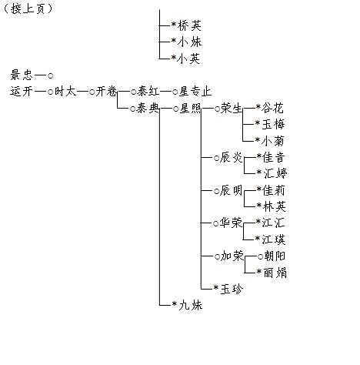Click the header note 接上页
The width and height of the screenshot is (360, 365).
tap(28, 8)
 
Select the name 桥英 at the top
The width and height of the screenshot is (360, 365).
tap(189, 25)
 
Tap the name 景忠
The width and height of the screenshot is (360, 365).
tap(22, 75)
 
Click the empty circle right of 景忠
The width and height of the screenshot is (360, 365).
tap(51, 75)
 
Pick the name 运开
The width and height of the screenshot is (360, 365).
tap(22, 91)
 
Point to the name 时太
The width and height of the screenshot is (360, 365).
tap(65, 91)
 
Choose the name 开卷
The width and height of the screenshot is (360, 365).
tap(106, 92)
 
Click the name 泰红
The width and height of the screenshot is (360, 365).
tap(148, 92)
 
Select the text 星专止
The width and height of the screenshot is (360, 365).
tap(195, 92)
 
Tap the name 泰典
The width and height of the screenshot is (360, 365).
tap(148, 109)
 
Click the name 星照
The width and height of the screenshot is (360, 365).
tap(190, 109)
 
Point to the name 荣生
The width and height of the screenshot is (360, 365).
tap(232, 109)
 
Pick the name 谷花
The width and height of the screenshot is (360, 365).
tap(272, 108)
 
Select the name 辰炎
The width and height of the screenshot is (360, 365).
tap(231, 157)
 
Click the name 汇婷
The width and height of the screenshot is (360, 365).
tap(275, 172)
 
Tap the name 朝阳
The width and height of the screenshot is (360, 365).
tap(275, 256)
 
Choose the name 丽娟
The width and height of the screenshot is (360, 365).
tap(275, 273)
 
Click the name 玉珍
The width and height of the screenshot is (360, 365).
tap(232, 289)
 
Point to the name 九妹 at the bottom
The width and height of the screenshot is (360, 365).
tap(191, 305)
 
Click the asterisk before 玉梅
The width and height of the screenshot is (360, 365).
tap(258, 123)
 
